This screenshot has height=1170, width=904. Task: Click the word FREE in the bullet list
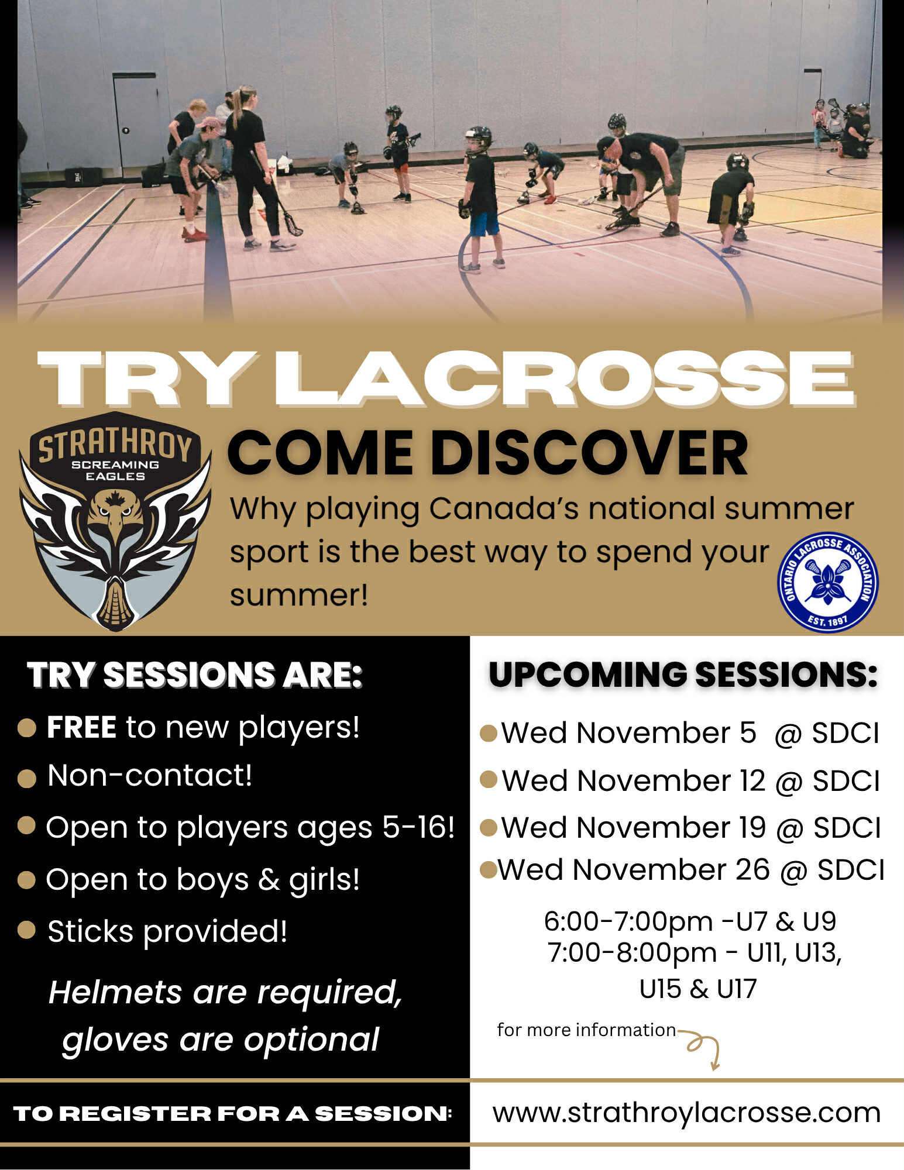coord(81,727)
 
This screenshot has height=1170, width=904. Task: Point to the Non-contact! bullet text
coord(150,776)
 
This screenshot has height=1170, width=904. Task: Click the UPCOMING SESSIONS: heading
coord(683,675)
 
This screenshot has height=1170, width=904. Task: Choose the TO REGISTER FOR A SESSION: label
coord(233,1113)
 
